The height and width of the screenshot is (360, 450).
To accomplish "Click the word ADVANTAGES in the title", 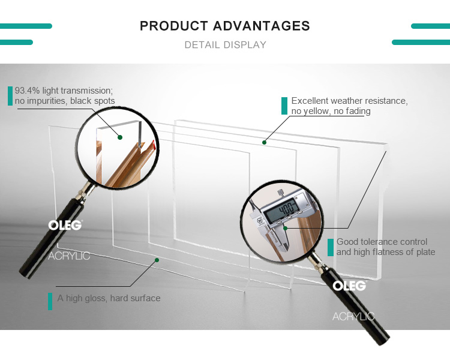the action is point(262,26).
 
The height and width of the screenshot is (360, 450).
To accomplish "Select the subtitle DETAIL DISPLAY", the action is point(225,45).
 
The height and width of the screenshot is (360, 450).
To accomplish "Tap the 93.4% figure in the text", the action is point(27,91).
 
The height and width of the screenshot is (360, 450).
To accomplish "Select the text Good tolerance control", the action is point(382,242).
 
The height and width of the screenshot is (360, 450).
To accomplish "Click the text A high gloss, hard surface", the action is point(109,298).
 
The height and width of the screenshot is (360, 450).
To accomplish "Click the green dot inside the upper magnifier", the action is point(120,137).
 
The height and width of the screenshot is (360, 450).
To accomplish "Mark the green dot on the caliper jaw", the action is point(285,228).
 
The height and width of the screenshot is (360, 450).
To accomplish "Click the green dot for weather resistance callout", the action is point(264,142).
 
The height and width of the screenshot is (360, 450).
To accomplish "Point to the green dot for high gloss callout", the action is point(157,260).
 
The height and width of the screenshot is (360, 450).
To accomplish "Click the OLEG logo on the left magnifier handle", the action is point(65,225).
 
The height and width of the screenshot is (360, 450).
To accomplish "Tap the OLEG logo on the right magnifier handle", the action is point(349,286).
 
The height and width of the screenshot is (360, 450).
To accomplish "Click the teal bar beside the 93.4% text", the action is point(10,96).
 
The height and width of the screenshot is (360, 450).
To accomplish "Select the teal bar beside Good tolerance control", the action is point(331,247).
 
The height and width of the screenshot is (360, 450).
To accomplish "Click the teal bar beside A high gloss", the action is point(50,301).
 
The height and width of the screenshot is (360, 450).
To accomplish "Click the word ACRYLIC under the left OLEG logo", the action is point(69,256).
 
